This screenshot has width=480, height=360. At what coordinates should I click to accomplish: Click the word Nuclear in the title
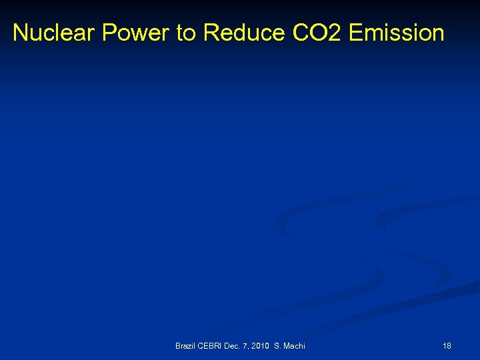pos(54,33)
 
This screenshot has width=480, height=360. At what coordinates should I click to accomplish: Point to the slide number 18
pos(447,345)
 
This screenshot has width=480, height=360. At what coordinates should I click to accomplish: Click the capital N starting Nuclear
pos(20,33)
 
